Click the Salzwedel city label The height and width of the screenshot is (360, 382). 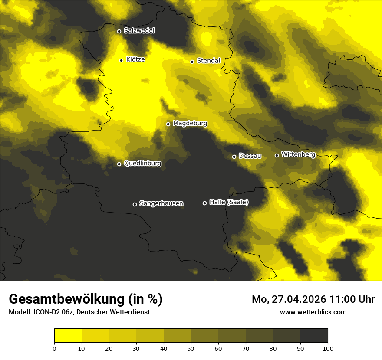[139, 31]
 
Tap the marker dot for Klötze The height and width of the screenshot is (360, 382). [121, 60]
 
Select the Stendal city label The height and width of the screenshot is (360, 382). [208, 61]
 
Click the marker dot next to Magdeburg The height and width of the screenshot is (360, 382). [168, 124]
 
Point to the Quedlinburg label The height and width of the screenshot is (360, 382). [142, 164]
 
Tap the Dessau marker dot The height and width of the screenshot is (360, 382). [234, 157]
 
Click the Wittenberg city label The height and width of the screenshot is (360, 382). [298, 154]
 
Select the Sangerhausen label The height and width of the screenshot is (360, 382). [161, 203]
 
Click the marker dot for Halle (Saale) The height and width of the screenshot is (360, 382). [204, 203]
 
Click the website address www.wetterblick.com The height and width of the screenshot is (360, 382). [313, 312]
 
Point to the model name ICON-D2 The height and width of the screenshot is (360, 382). [46, 312]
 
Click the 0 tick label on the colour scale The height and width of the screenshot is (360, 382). [54, 348]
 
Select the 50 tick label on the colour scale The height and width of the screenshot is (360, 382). [191, 348]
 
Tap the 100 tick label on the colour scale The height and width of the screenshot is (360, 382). [328, 348]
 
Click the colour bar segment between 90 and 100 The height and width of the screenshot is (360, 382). [314, 335]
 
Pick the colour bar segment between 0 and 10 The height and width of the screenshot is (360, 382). [68, 335]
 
